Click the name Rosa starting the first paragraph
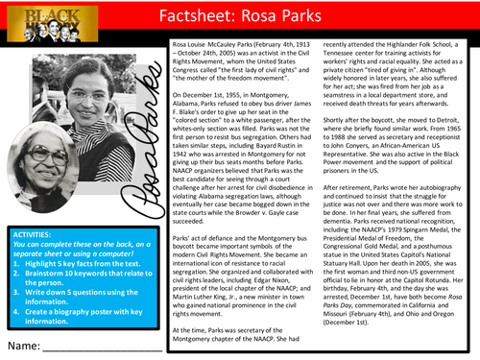pos(180,45)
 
